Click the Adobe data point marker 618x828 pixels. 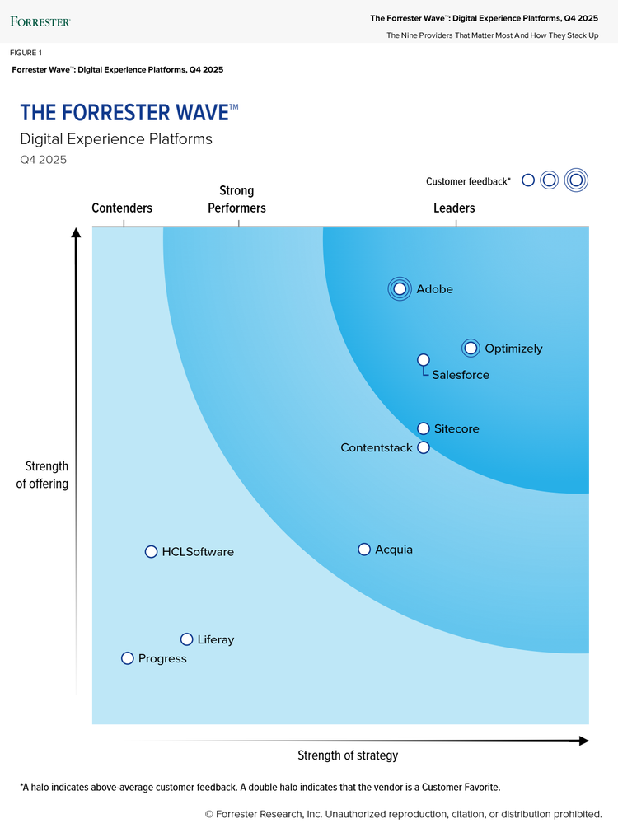[400, 289]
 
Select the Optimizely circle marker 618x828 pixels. [471, 349]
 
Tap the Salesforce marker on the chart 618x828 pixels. [424, 360]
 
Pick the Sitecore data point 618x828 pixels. [424, 428]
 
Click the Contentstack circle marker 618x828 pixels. [424, 447]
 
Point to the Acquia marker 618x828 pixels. [364, 550]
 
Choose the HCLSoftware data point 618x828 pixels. [151, 552]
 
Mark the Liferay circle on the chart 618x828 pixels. [187, 639]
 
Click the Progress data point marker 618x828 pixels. [128, 658]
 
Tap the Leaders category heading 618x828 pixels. [454, 208]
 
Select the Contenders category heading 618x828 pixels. [122, 208]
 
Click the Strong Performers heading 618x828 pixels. [236, 200]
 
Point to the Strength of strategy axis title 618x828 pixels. [348, 755]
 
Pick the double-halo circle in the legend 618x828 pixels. [577, 180]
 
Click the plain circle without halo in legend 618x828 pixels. [528, 180]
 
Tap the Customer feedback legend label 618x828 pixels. [468, 181]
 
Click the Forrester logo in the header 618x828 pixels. [40, 21]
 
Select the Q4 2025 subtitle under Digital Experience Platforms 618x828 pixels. [43, 160]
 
